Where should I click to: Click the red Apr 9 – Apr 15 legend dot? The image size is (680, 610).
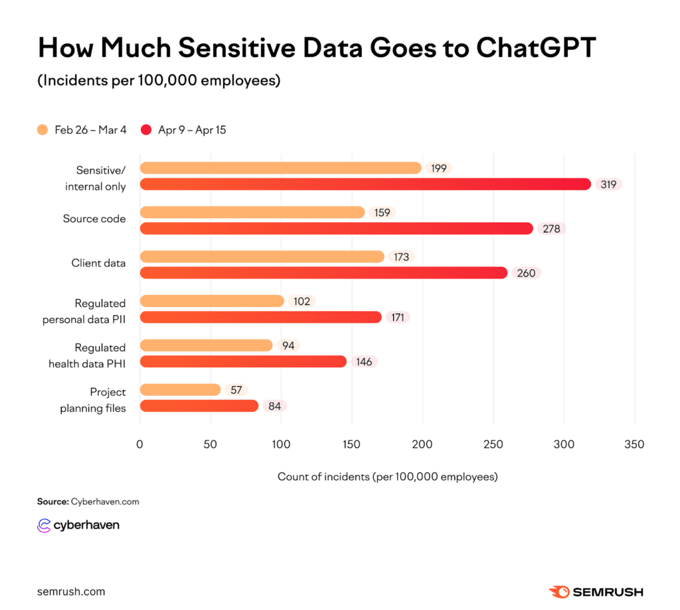click(146, 130)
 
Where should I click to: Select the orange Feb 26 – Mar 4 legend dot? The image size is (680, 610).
click(42, 130)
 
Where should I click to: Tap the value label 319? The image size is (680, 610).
click(608, 184)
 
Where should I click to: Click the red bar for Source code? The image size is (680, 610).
click(337, 229)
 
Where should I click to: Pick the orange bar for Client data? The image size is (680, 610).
click(262, 257)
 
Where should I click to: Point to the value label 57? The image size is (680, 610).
click(236, 390)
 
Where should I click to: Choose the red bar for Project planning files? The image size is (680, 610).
click(199, 406)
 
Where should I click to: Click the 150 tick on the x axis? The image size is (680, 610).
click(352, 444)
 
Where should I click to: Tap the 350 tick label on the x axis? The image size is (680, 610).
click(634, 444)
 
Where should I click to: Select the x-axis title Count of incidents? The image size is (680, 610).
click(388, 477)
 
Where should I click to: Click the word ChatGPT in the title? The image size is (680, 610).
click(537, 47)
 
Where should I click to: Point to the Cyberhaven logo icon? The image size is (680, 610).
click(44, 525)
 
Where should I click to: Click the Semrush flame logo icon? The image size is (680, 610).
click(559, 592)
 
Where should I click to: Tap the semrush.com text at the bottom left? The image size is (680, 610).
click(71, 592)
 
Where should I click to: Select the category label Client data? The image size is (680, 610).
click(98, 263)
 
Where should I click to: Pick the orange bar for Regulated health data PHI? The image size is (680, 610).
click(207, 345)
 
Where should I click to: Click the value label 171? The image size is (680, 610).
click(398, 318)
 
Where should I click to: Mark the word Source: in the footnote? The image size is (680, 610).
click(53, 502)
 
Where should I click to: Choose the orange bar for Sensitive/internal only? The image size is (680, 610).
click(281, 168)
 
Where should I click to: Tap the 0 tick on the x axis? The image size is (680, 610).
click(139, 444)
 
